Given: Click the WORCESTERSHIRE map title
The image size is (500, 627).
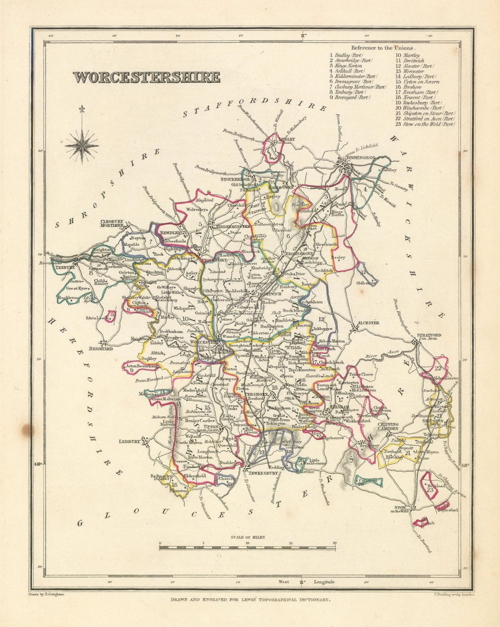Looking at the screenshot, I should pyautogui.click(x=146, y=77).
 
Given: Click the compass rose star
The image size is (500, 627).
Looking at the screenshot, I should pyautogui.click(x=81, y=145).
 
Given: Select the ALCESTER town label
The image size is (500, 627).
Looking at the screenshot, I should pyautogui.click(x=368, y=323).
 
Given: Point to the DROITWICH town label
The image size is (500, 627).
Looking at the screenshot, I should pyautogui.click(x=270, y=294).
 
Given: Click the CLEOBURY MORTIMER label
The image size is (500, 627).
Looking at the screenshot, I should pyautogui.click(x=111, y=222).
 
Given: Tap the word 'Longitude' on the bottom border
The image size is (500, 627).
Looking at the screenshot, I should pyautogui.click(x=324, y=582).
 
